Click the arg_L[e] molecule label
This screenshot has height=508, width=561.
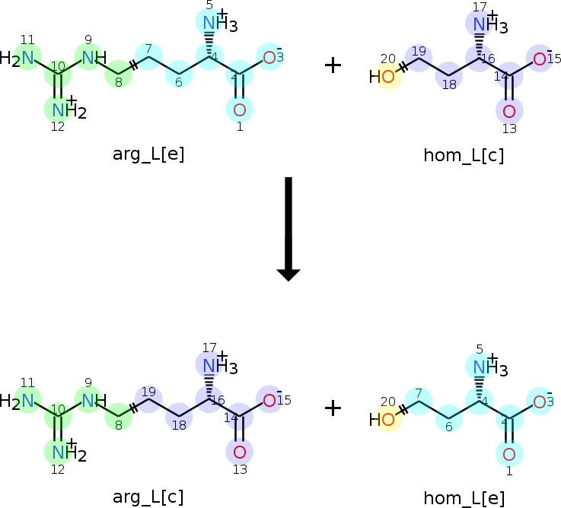[148, 154]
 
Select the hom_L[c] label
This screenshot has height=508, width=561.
[464, 156]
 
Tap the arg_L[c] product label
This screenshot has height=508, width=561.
[148, 497]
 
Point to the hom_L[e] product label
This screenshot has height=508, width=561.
[464, 498]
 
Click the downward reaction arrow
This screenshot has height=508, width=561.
[288, 229]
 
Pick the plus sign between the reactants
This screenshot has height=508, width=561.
[333, 65]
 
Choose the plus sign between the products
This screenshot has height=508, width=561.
[333, 408]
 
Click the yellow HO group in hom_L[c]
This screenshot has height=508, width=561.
[382, 77]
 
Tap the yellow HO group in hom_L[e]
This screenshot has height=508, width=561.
[382, 419]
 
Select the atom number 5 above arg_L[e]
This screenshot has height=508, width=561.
[209, 5]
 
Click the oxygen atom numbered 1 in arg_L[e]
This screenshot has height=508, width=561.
[239, 110]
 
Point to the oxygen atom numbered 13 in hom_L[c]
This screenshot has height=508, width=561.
[509, 112]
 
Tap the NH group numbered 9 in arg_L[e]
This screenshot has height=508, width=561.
[94, 58]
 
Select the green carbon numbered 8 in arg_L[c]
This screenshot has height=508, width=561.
[119, 418]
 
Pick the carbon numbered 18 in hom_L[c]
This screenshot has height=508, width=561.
[449, 76]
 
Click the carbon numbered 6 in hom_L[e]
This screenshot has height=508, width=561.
[449, 418]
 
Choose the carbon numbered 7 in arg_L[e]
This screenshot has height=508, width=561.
[148, 56]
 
